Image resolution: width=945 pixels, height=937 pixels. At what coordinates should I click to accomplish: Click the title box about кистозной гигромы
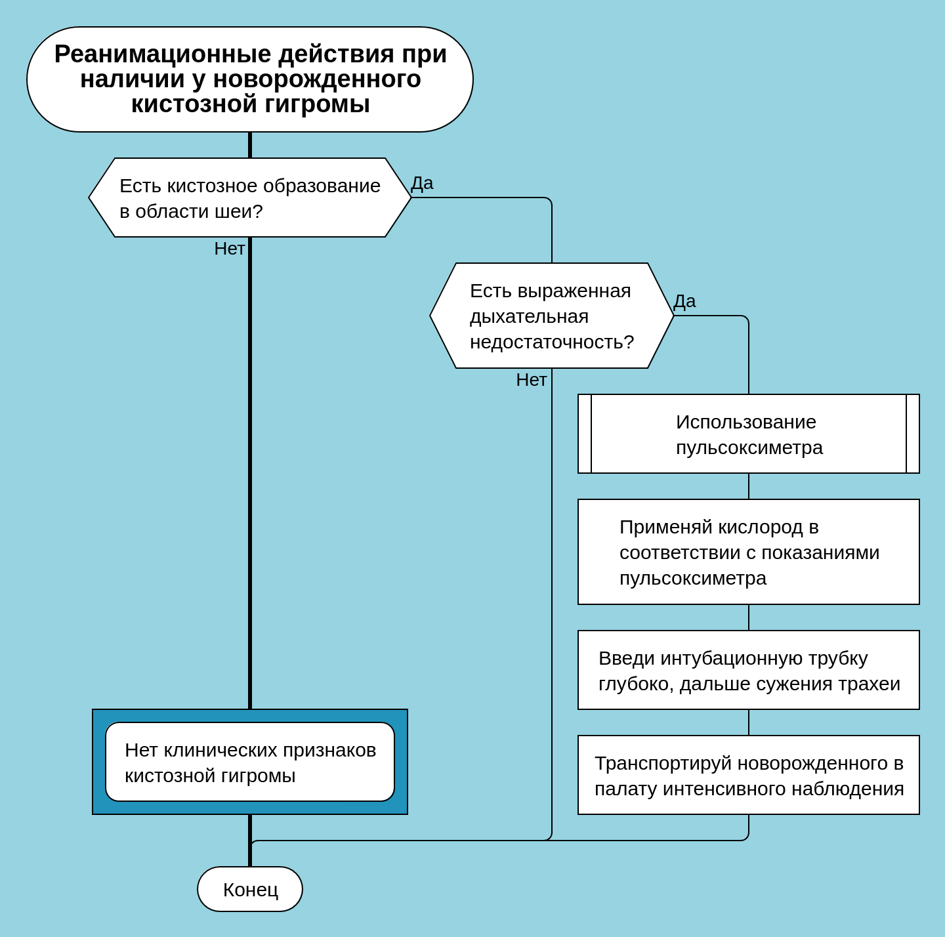point(250,79)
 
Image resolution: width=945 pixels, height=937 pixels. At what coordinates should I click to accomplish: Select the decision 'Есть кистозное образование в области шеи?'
point(250,198)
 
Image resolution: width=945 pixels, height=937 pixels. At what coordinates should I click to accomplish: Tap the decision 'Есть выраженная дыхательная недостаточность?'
point(552,316)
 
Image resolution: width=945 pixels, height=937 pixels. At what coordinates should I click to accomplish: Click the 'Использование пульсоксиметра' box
point(748,434)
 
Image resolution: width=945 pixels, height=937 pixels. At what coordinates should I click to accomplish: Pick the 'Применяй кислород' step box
point(748,552)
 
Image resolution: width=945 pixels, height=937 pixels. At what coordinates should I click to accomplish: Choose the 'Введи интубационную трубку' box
point(748,670)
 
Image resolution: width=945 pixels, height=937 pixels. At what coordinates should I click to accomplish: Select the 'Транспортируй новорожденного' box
point(748,775)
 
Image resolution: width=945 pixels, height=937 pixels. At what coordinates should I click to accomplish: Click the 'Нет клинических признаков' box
point(250,762)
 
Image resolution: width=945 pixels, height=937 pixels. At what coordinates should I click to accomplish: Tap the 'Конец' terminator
point(250,889)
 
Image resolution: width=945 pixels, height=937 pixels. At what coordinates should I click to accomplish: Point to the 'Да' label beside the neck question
point(422,183)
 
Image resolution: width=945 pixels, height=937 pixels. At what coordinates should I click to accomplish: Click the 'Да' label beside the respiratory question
point(684,301)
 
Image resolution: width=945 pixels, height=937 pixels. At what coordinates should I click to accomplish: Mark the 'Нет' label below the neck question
point(230,249)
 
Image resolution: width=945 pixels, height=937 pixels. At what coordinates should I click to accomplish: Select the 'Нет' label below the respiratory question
point(532,380)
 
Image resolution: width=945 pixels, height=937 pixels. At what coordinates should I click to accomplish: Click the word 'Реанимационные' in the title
point(162,54)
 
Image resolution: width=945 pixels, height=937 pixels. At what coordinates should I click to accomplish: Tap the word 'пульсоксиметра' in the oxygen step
point(692,578)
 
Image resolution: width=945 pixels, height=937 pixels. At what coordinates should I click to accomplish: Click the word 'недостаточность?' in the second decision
point(552,342)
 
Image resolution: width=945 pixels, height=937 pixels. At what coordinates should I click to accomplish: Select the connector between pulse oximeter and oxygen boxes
point(748,486)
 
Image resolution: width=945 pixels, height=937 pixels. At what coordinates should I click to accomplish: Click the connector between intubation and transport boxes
point(748,722)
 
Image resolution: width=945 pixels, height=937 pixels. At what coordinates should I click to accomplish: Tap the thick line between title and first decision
point(250,145)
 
